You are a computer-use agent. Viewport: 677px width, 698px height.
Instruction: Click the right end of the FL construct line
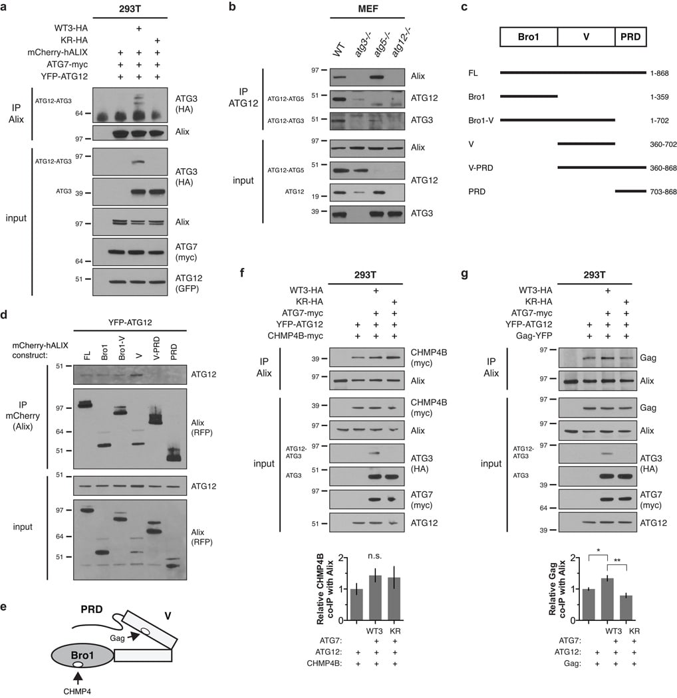tap(646, 72)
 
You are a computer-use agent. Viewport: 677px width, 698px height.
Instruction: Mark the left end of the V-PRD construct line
tap(558, 168)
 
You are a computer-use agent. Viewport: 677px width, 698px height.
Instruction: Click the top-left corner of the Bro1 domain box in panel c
tap(500, 27)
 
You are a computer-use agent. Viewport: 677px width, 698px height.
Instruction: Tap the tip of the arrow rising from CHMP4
tap(78, 672)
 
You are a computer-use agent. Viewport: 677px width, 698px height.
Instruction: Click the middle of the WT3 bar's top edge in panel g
tap(607, 579)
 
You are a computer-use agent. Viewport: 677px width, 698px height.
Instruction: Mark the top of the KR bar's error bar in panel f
tap(394, 566)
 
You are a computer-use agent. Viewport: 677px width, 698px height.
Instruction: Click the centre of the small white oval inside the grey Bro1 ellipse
tap(78, 664)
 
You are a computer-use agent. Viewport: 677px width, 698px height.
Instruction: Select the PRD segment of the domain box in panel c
tap(630, 37)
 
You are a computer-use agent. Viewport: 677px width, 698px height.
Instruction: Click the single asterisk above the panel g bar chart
tap(598, 551)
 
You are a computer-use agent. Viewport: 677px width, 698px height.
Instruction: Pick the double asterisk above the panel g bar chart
tap(617, 560)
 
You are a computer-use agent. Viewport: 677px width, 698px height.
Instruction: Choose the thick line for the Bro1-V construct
tap(558, 120)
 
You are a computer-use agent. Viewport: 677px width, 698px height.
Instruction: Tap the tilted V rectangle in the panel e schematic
tap(150, 629)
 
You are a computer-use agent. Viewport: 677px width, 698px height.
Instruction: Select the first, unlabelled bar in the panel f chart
tap(356, 604)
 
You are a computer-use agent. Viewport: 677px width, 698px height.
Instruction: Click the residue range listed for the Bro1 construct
tap(659, 96)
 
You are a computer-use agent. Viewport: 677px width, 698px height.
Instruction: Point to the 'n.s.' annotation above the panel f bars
tap(374, 556)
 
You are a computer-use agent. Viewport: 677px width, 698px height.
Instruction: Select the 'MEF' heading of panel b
tap(368, 9)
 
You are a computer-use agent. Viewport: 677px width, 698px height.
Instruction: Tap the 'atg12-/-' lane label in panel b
tap(401, 42)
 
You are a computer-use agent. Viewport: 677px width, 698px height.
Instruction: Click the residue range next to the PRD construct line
tap(663, 191)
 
